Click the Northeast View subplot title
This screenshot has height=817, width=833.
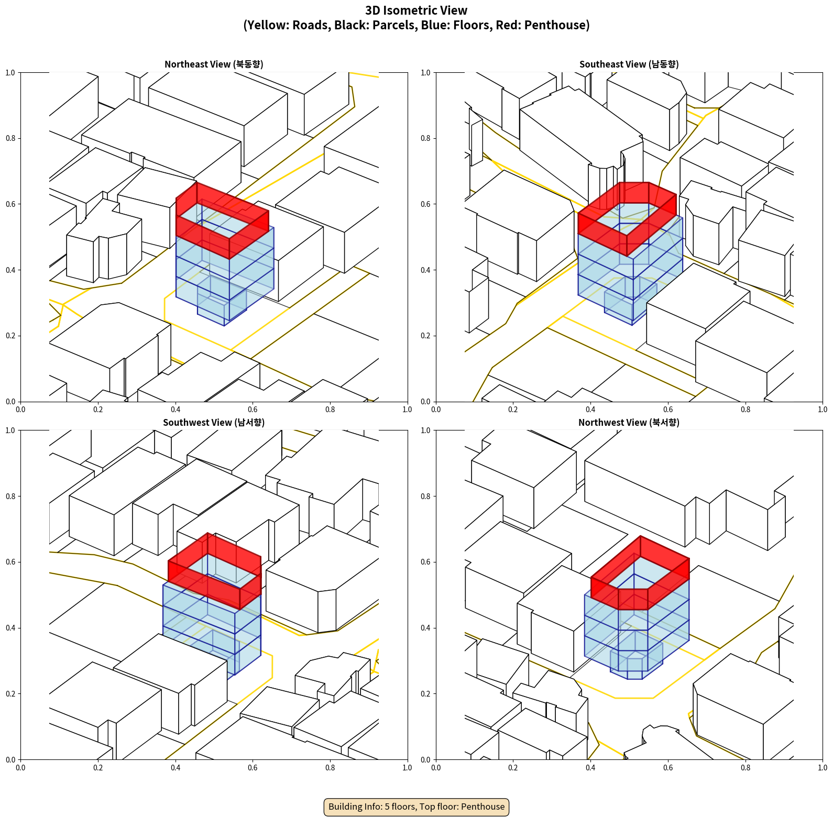(x=214, y=64)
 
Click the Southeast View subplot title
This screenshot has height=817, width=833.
(x=629, y=64)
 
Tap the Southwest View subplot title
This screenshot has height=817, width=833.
(x=214, y=423)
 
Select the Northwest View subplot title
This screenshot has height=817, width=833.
(x=629, y=423)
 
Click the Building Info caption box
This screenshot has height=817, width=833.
(x=416, y=807)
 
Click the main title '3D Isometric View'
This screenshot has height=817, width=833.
(x=416, y=10)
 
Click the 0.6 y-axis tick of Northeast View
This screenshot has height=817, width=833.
(x=10, y=204)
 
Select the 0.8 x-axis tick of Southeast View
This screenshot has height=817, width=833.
(x=746, y=410)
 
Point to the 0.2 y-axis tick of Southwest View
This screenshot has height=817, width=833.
(x=10, y=694)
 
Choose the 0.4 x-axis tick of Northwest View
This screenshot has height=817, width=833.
(x=590, y=768)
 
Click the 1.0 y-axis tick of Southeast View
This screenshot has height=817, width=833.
(x=425, y=73)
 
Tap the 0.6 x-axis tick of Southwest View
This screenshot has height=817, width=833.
(x=253, y=768)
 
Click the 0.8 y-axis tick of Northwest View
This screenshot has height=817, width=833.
(x=425, y=496)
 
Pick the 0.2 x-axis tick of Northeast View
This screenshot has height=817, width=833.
(x=98, y=410)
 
